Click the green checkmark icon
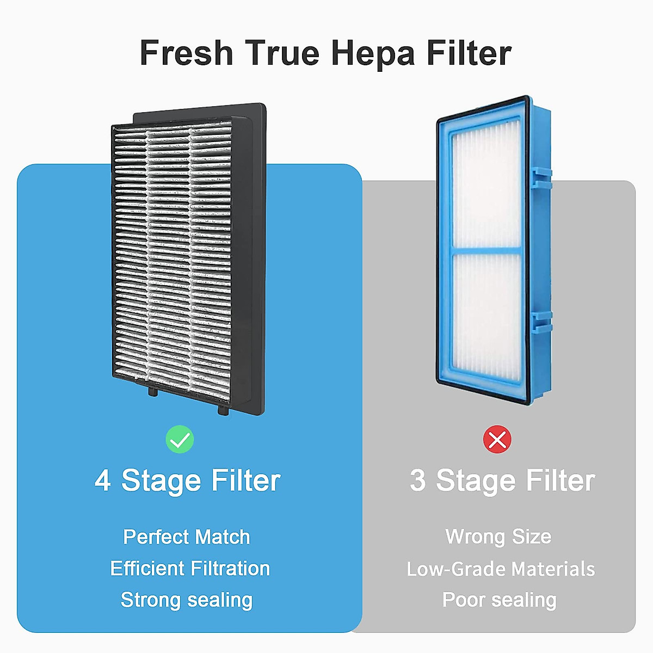[x=180, y=440]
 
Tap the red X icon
[x=497, y=440]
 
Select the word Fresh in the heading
[x=187, y=53]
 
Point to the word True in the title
[x=282, y=53]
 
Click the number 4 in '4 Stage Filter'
[x=102, y=481]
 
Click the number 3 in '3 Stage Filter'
[x=417, y=481]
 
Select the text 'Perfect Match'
[x=187, y=537]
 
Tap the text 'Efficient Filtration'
[x=190, y=569]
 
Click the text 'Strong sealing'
[x=187, y=600]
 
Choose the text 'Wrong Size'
[x=498, y=537]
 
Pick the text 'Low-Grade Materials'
[x=501, y=569]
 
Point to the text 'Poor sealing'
[x=500, y=600]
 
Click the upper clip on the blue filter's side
[x=541, y=179]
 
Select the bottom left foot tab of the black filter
[x=153, y=391]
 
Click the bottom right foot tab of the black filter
[x=223, y=409]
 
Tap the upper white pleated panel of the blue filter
[x=486, y=190]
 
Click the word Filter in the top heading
[x=469, y=53]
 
